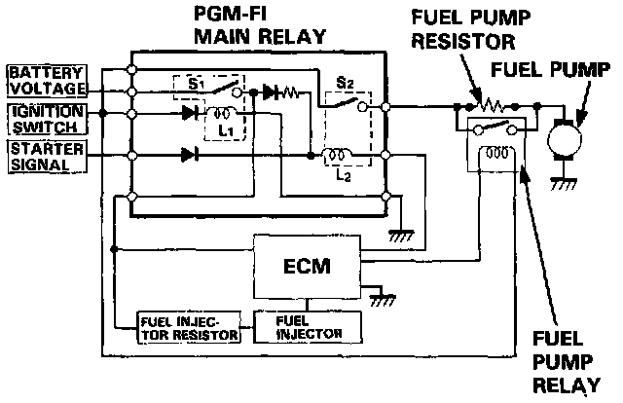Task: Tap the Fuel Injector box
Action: click(299, 327)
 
